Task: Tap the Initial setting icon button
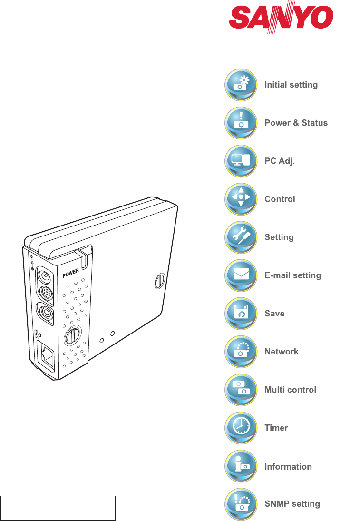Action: (x=241, y=85)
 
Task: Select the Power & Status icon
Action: (x=241, y=123)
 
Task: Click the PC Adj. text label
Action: (x=280, y=161)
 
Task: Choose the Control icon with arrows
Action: (x=241, y=199)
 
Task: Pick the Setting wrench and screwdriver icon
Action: (x=241, y=237)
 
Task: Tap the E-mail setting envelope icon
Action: (x=241, y=275)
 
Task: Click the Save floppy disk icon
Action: (x=241, y=314)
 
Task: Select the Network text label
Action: (x=282, y=352)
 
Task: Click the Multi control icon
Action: (x=241, y=390)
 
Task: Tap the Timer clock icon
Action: (x=241, y=428)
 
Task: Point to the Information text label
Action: (x=288, y=466)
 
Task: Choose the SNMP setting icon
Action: (x=241, y=504)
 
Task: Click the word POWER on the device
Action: (x=71, y=273)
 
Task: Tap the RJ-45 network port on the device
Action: (x=46, y=356)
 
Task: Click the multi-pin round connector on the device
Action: (x=46, y=293)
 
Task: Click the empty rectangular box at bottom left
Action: (x=58, y=508)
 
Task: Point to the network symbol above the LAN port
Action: (x=38, y=334)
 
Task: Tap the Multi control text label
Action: (x=290, y=390)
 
